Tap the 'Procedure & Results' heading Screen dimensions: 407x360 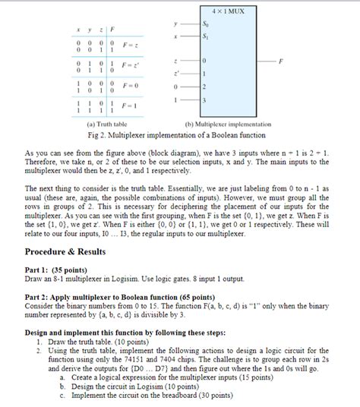click(x=65, y=251)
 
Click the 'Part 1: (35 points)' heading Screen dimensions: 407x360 click(x=56, y=270)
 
